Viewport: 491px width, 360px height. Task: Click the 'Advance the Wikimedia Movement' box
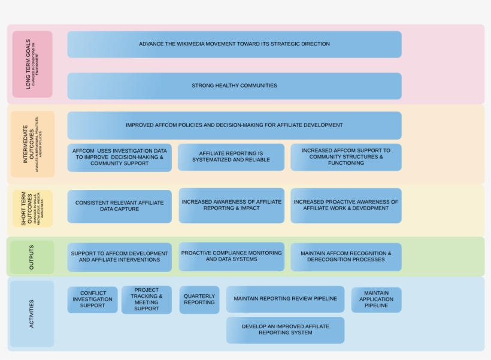[234, 44]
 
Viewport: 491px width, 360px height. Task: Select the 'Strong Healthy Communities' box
[234, 86]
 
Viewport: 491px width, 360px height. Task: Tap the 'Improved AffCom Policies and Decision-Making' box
[234, 125]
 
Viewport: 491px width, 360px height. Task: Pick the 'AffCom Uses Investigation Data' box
[119, 157]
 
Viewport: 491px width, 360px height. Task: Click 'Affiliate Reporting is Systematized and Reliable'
[231, 157]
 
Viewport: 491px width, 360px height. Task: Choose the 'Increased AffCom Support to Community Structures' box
[345, 157]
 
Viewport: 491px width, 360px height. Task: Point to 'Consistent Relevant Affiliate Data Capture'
[119, 206]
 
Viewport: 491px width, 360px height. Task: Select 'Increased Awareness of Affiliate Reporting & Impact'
[231, 205]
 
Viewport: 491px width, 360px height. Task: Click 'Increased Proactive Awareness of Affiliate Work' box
[345, 205]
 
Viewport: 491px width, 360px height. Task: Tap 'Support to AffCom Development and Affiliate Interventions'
[119, 257]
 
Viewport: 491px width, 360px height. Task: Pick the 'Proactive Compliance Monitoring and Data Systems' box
[231, 256]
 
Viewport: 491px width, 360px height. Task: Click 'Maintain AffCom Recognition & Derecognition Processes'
[345, 257]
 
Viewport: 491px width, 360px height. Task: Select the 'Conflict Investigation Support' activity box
[92, 300]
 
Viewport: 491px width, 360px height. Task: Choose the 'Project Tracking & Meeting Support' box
[146, 300]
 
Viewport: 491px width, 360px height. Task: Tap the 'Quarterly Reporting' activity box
[199, 300]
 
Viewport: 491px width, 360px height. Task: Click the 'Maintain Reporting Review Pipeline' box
[285, 299]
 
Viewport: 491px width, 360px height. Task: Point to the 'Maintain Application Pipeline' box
[376, 300]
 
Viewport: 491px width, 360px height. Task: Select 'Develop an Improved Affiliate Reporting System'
[285, 330]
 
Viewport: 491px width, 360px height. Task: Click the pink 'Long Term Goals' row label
[32, 65]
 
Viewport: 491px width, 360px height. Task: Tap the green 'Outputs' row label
[32, 257]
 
